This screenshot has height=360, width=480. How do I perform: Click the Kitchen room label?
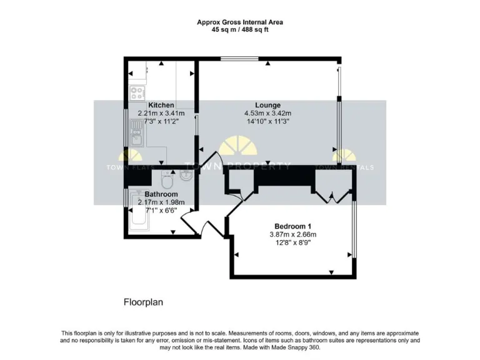(x=161, y=105)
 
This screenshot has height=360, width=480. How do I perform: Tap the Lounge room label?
(x=267, y=105)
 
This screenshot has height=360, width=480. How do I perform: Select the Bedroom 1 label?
(x=292, y=226)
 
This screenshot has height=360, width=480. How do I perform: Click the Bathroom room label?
(x=161, y=194)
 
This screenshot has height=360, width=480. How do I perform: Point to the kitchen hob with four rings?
(x=137, y=93)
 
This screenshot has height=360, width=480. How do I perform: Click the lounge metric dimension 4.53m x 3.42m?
(x=267, y=113)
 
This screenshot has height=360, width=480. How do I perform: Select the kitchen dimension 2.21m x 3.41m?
(x=161, y=113)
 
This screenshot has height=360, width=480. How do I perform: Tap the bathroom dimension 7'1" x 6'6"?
(x=161, y=211)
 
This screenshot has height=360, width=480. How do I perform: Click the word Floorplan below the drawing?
(x=143, y=302)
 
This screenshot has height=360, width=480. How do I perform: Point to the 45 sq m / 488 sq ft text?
(x=240, y=29)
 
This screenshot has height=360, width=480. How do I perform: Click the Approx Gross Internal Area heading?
(x=240, y=22)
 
